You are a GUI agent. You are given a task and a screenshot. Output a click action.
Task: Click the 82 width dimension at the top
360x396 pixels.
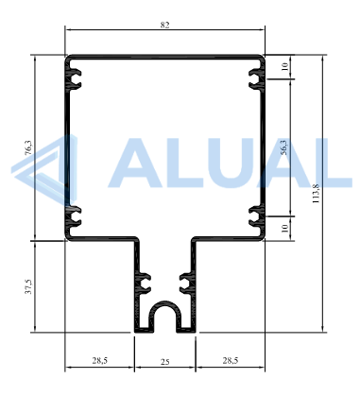tap(164, 25)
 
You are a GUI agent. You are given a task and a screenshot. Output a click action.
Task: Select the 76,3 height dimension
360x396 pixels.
tap(28, 147)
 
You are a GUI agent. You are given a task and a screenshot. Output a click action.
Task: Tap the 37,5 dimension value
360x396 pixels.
tap(28, 286)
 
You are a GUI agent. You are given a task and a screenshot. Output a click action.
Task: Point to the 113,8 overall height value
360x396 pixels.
tap(316, 194)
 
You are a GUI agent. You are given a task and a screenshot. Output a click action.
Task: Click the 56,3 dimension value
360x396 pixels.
tap(283, 147)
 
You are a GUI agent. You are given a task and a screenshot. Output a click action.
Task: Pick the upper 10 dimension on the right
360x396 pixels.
tap(284, 66)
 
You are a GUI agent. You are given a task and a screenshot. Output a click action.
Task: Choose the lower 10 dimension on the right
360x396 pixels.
tap(284, 228)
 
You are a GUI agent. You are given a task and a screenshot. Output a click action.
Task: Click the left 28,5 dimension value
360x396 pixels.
tap(100, 360)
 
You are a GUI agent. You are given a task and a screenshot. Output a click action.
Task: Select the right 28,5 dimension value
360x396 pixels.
tap(231, 360)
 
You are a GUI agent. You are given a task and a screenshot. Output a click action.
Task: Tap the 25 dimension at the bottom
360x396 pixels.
tap(165, 362)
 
